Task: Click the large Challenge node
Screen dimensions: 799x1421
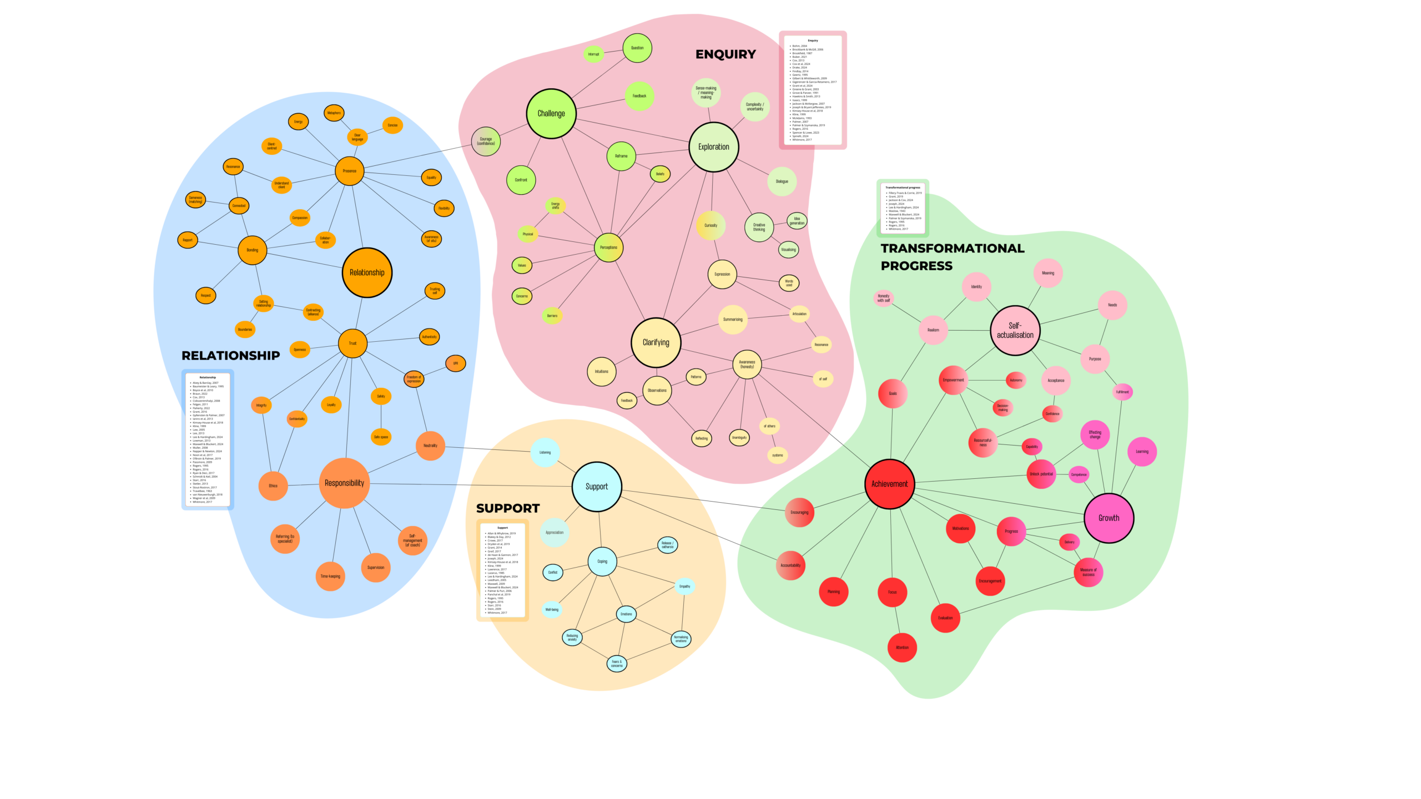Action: tap(551, 113)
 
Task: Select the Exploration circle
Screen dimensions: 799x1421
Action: tap(713, 147)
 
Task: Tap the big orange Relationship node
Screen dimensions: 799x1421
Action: tap(367, 272)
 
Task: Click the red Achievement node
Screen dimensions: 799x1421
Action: tap(889, 484)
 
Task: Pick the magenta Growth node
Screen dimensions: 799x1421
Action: tap(1108, 518)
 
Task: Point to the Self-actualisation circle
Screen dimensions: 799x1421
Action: tap(1015, 330)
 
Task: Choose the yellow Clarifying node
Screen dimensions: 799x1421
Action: tap(656, 342)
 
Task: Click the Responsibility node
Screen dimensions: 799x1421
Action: tap(344, 483)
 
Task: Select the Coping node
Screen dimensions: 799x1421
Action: tap(602, 561)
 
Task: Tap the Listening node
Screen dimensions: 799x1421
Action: tap(545, 452)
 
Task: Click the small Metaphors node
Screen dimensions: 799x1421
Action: tap(334, 113)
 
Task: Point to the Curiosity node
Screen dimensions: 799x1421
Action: tap(710, 225)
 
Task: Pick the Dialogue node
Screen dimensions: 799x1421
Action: tap(782, 181)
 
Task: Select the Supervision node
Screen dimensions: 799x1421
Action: tap(376, 567)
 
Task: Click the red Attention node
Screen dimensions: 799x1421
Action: tap(902, 647)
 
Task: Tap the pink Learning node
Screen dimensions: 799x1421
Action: tap(1142, 451)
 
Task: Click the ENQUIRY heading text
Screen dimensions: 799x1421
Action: tap(725, 54)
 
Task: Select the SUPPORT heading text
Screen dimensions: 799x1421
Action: tap(507, 508)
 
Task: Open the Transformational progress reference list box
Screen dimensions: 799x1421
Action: tap(903, 208)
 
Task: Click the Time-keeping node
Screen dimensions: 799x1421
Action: tap(330, 576)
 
